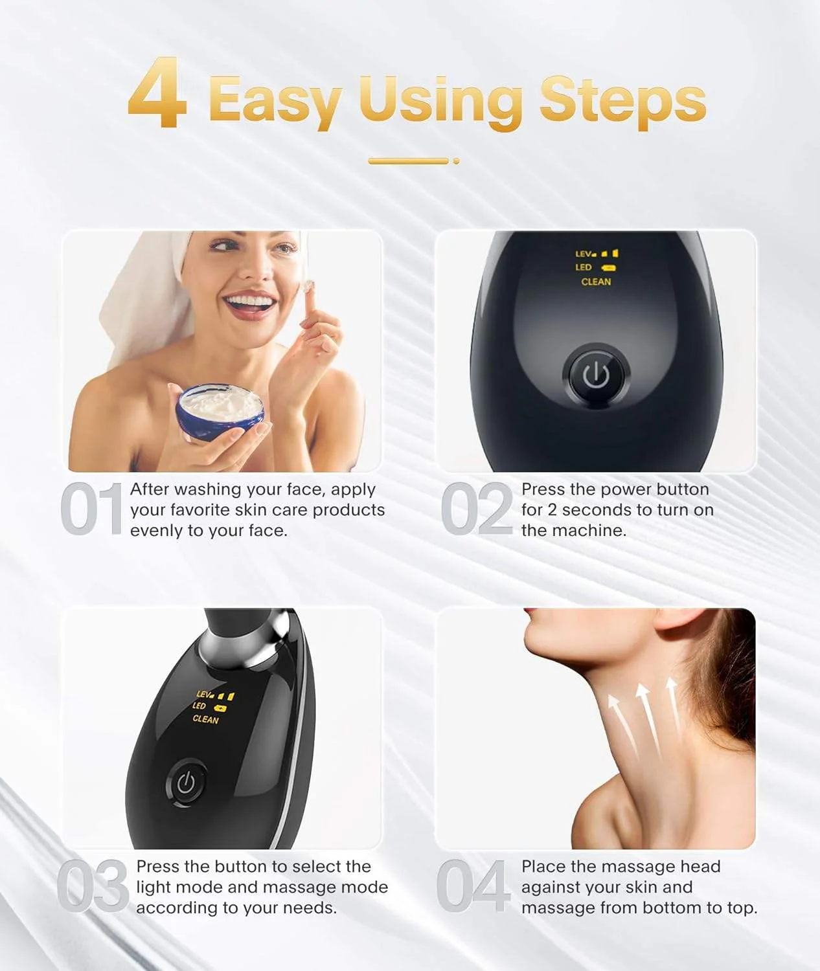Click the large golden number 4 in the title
158,94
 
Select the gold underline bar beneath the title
409,161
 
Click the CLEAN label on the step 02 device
596,282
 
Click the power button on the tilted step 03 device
186,783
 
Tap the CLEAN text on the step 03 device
205,719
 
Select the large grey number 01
91,509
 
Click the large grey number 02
476,509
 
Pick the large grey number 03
93,886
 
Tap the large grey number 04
472,886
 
